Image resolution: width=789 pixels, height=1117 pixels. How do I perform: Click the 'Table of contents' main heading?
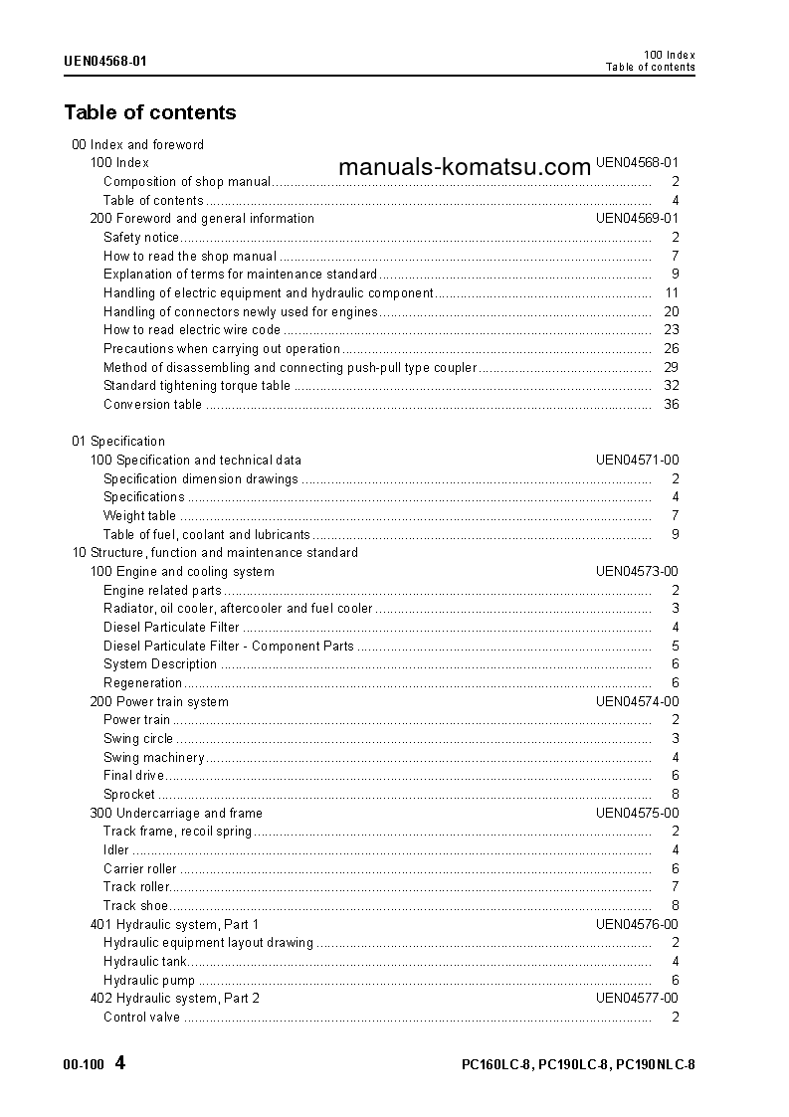150,112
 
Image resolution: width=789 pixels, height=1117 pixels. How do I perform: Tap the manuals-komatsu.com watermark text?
465,167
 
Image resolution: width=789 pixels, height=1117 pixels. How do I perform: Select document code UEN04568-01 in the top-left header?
105,61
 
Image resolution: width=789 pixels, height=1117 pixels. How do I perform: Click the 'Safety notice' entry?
141,238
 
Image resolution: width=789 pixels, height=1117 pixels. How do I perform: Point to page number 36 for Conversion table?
671,405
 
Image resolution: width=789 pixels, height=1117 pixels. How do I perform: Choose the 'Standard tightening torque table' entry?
197,386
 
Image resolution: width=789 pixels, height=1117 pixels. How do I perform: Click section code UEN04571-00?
637,461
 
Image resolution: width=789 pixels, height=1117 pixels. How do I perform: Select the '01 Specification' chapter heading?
118,442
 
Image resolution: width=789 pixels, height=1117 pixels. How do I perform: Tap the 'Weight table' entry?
139,516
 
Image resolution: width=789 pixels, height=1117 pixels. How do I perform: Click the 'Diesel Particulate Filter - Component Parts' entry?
229,647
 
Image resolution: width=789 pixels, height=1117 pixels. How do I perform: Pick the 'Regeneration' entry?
143,683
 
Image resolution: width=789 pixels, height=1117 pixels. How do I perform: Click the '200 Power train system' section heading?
159,702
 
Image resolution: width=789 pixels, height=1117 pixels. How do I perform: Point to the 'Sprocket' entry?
129,795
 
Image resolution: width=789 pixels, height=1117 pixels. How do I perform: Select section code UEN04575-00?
637,814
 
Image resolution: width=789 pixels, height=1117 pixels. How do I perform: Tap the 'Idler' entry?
116,850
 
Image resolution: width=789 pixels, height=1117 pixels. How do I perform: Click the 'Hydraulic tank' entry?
145,962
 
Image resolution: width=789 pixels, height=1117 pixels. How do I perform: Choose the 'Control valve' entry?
141,1018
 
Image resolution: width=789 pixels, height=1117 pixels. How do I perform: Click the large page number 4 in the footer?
120,1063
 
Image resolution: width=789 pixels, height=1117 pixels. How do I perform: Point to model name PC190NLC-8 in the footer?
656,1065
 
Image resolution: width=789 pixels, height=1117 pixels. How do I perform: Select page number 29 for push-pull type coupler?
671,368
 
